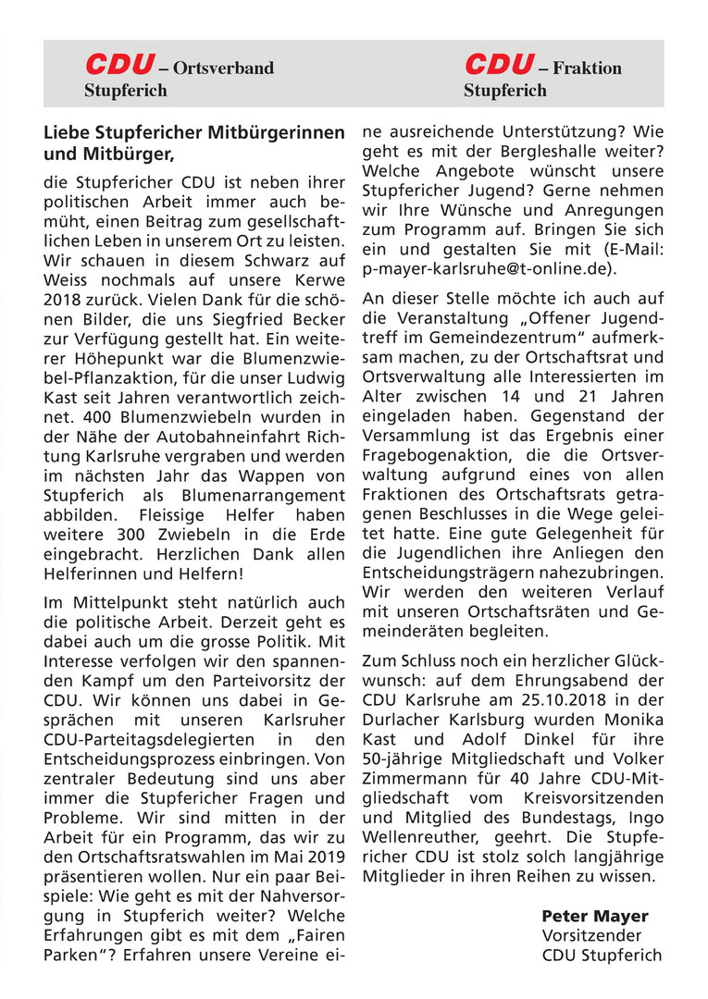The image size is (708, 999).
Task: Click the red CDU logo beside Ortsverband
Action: click(119, 65)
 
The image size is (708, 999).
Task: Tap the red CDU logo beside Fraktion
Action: click(499, 65)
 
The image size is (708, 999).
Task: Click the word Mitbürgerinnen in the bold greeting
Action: click(273, 132)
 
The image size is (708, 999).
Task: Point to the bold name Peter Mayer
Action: click(595, 916)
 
